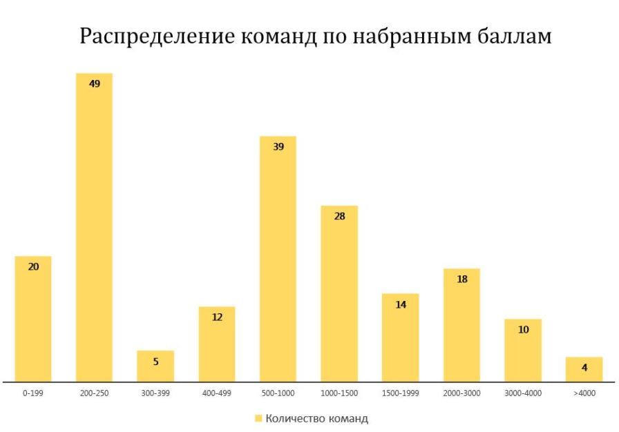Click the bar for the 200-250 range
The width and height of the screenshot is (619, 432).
[95, 228]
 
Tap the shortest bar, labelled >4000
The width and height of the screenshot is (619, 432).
[584, 369]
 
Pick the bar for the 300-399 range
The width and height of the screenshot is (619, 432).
[155, 366]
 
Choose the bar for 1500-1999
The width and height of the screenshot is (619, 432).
[400, 337]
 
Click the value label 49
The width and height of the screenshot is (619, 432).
[95, 84]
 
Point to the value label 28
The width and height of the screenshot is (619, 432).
[339, 216]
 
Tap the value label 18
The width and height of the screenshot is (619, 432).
[461, 279]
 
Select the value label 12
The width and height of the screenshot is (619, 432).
[217, 317]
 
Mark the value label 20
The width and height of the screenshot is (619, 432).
[33, 266]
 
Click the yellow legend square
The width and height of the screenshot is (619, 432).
[258, 418]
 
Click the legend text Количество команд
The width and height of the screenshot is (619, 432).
[316, 418]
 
